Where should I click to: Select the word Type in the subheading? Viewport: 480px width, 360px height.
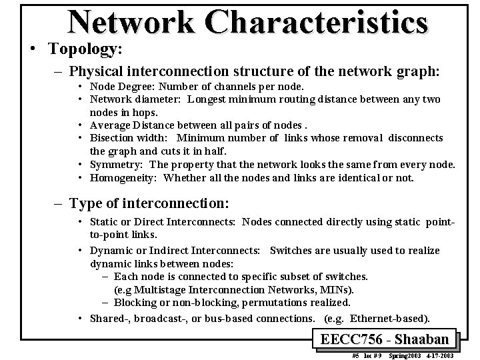[85, 203]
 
